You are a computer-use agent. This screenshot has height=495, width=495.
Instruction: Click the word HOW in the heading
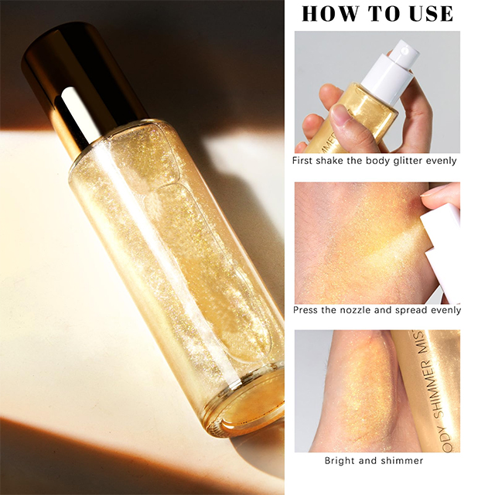(330, 14)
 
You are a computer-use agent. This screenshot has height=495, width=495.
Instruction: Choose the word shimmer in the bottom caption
(402, 461)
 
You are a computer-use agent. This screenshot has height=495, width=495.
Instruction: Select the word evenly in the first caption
(442, 161)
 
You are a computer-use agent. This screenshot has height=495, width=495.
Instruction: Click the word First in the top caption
(302, 161)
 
